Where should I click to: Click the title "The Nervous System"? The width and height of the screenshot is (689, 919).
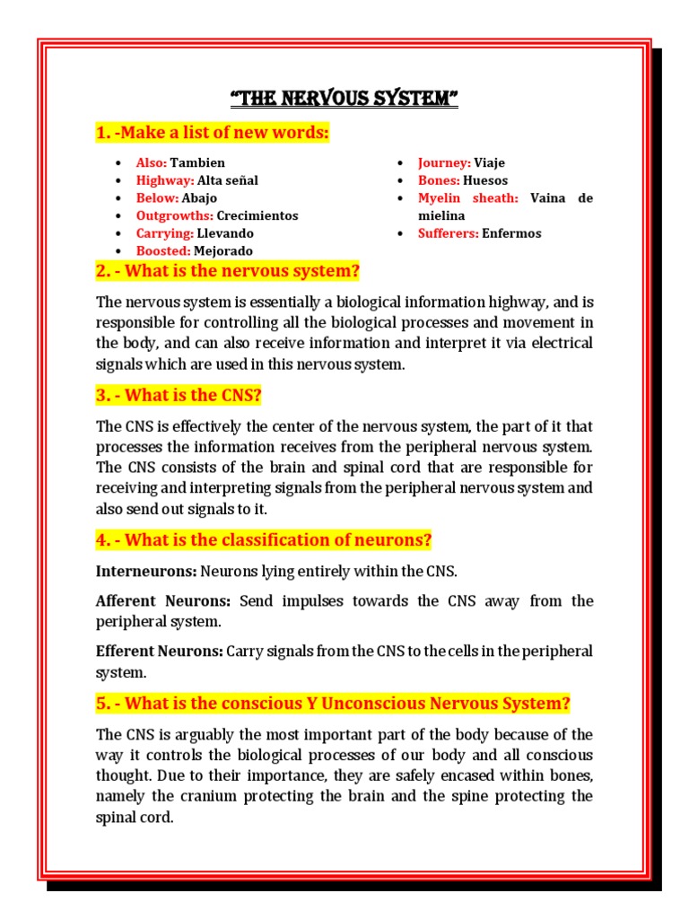coord(344,97)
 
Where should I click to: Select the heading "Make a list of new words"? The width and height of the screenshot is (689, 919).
coord(213,134)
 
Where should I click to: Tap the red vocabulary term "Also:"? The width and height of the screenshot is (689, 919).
coord(151,162)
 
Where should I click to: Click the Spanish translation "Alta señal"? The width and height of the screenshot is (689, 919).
coord(227,180)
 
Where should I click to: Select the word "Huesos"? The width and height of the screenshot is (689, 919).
coord(485,180)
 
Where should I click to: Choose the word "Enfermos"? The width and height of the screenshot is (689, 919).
coord(511,233)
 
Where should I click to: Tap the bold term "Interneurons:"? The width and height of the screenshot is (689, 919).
coord(146,571)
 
